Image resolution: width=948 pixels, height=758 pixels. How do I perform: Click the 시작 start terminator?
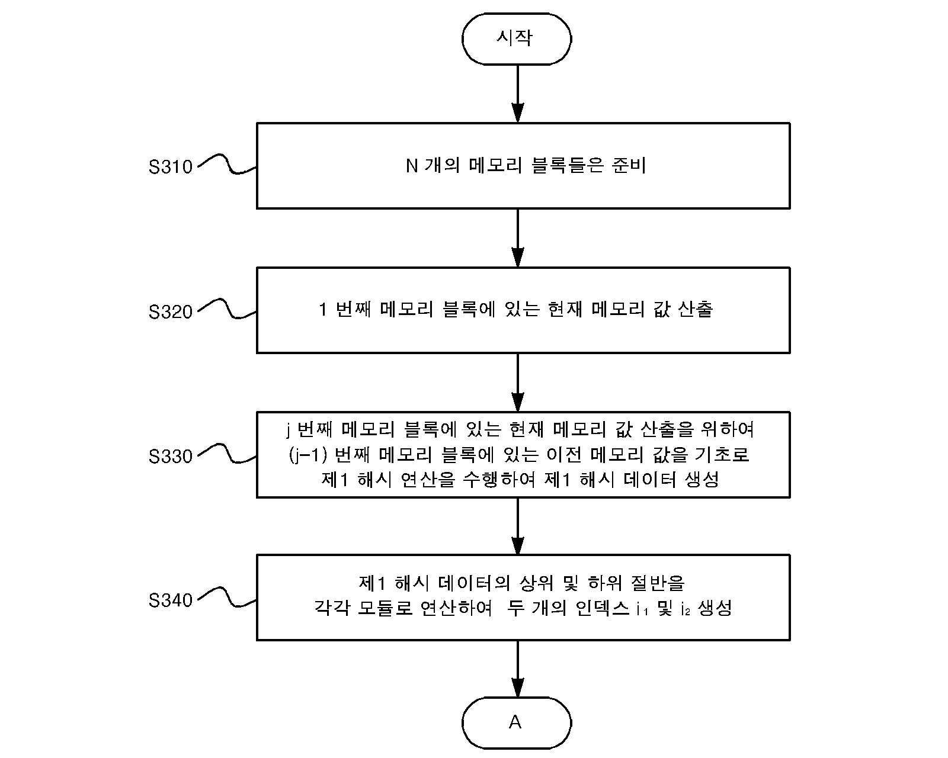click(517, 39)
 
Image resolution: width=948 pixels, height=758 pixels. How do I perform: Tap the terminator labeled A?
click(517, 722)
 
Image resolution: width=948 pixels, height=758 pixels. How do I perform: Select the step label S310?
click(171, 167)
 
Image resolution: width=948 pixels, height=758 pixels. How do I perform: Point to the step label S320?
click(171, 312)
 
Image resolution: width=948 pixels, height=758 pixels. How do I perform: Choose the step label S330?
click(171, 457)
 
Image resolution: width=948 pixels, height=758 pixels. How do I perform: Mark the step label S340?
click(171, 600)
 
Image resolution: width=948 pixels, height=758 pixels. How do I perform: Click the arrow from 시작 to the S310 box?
click(518, 94)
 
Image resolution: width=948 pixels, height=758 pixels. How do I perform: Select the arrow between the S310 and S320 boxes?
click(518, 238)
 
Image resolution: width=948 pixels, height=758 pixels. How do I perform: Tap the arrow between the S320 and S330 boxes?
click(518, 383)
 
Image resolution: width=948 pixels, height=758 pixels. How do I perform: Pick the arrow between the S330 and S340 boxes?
click(518, 526)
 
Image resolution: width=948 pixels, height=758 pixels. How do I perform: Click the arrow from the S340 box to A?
click(518, 669)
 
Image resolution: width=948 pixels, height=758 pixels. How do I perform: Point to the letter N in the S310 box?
click(411, 166)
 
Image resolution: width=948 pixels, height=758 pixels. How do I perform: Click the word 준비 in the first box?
click(629, 166)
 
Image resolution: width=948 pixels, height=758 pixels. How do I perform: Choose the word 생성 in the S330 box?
click(702, 479)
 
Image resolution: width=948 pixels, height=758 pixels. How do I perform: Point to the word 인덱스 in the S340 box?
click(603, 608)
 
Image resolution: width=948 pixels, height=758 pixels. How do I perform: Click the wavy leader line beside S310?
click(227, 164)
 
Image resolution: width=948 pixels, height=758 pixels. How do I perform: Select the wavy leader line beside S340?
click(227, 597)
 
